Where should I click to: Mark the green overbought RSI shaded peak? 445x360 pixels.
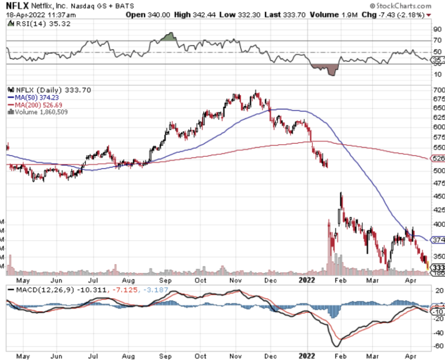[167, 37]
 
